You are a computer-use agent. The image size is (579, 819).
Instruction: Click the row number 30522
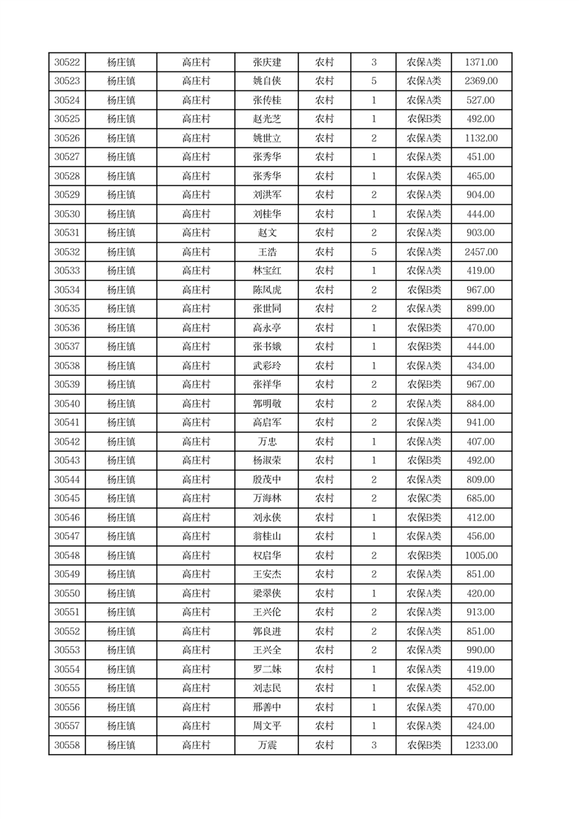click(67, 62)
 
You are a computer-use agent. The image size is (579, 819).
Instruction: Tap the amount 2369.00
click(481, 81)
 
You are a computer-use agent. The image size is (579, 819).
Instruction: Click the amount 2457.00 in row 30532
click(481, 252)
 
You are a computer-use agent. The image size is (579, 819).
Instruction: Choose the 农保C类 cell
click(424, 499)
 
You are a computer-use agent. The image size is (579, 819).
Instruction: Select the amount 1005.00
click(481, 555)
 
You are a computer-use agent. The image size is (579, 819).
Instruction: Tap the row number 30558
click(67, 745)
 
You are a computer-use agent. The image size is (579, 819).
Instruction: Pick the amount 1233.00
click(481, 745)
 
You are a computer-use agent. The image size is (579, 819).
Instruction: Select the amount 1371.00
click(481, 62)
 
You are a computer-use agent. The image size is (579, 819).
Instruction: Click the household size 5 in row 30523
click(373, 81)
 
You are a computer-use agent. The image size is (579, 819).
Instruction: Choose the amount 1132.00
click(481, 138)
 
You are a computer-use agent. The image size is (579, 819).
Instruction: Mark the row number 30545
click(67, 499)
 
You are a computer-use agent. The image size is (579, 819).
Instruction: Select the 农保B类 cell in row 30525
click(424, 119)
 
